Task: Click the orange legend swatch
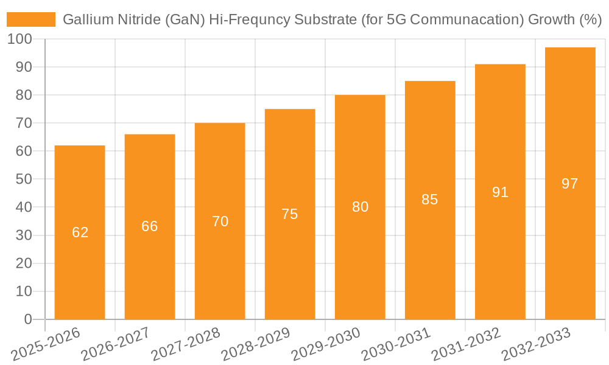click(30, 19)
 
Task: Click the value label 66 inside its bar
click(150, 226)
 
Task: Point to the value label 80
click(360, 207)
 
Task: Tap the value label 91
click(500, 192)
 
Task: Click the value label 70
click(220, 221)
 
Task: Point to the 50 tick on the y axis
click(23, 179)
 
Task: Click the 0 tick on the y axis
click(27, 319)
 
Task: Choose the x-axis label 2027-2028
click(186, 344)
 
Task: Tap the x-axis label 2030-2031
click(396, 344)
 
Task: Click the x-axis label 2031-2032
click(466, 344)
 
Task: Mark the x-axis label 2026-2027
click(116, 344)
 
